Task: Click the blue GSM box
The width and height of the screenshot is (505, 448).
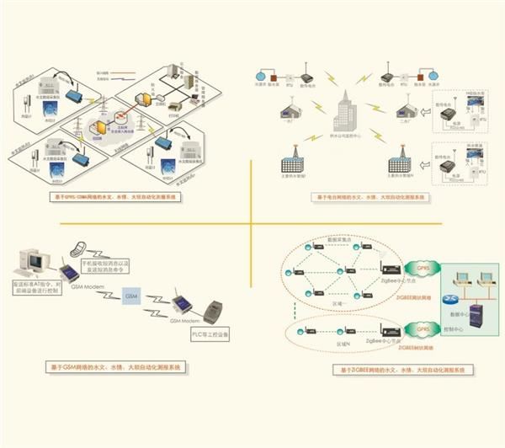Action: click(x=130, y=297)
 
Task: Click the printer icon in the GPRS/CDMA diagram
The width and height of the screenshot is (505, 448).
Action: click(x=171, y=109)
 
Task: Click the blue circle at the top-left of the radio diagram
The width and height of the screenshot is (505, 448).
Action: click(x=260, y=73)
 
